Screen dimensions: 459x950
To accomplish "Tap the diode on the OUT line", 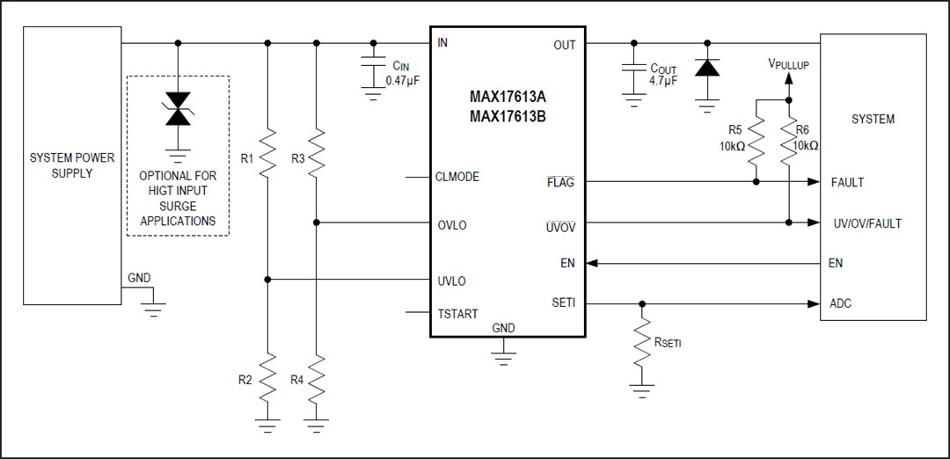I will click(x=706, y=69).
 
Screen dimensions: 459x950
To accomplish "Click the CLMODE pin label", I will click(x=457, y=177).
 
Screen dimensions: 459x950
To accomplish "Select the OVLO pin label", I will click(x=451, y=225).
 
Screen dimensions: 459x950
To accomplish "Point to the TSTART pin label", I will click(x=457, y=312).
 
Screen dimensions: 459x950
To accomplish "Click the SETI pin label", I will click(x=563, y=302).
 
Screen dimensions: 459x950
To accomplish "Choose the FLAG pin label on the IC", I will click(x=560, y=183).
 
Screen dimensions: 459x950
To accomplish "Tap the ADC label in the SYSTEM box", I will click(x=840, y=304).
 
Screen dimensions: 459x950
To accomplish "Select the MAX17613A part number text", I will click(x=508, y=96).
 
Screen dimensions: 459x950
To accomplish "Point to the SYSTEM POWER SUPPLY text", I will click(x=72, y=165).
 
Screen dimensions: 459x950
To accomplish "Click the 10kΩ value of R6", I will click(x=806, y=145).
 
